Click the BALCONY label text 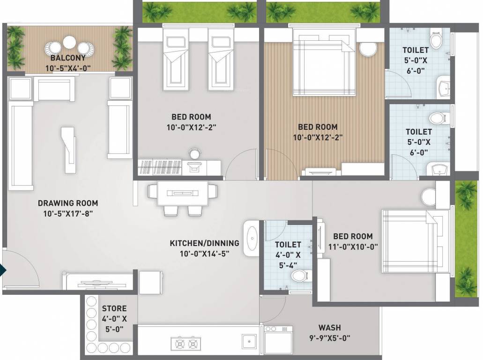click(68, 59)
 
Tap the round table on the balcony click(70, 42)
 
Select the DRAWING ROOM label click(68, 203)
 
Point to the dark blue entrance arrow click(3, 271)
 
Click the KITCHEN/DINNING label click(204, 243)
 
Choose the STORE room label click(114, 308)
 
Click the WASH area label click(329, 328)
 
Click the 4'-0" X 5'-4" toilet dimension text click(288, 259)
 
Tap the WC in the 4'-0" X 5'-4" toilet click(299, 277)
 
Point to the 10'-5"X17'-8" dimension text click(68, 214)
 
